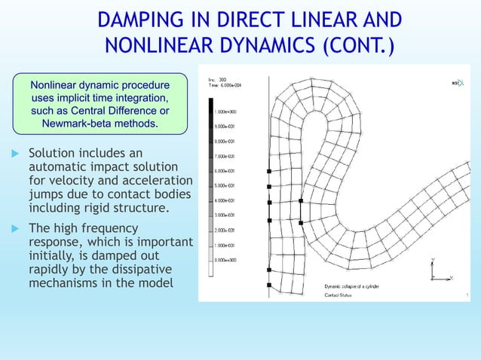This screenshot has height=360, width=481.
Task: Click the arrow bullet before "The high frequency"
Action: [x=13, y=228]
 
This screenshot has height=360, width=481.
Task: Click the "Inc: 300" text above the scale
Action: [x=216, y=80]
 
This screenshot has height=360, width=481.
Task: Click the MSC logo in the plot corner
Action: [x=457, y=83]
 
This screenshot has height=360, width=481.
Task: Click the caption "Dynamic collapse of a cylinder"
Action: [x=357, y=287]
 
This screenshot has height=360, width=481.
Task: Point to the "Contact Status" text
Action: [x=342, y=295]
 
